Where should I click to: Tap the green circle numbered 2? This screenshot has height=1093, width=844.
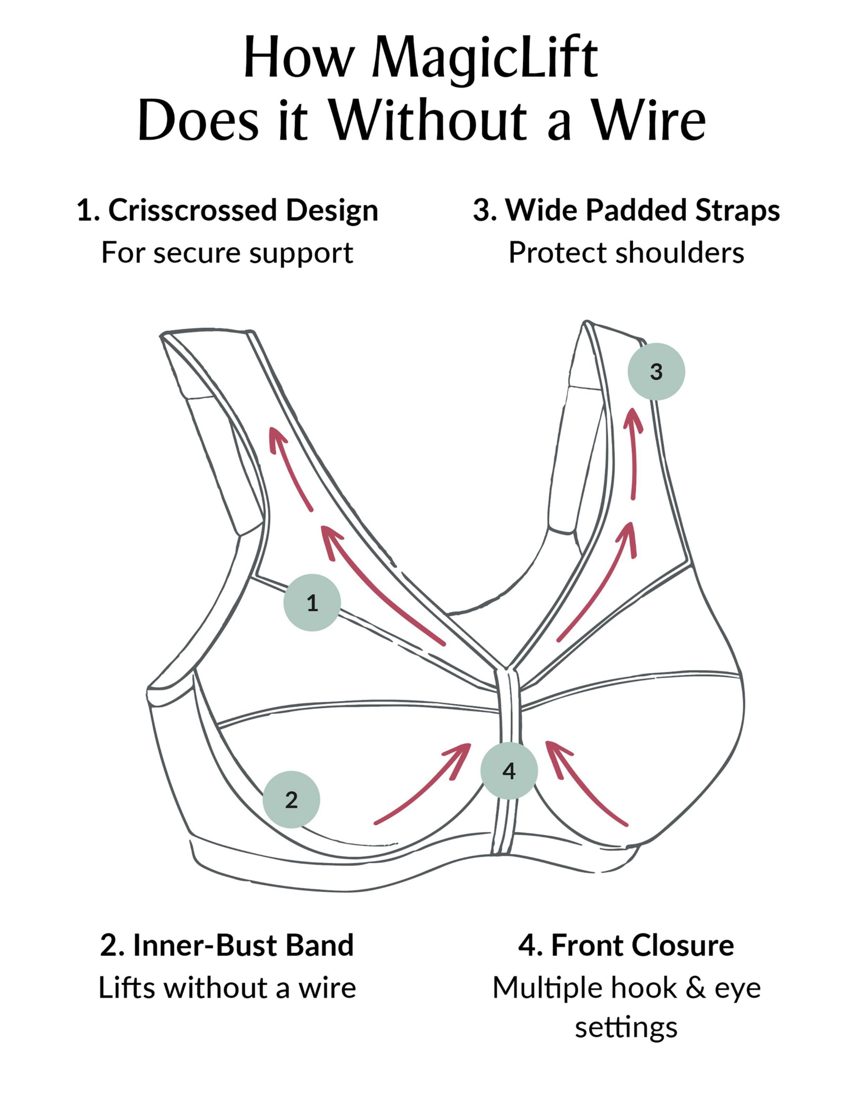pos(291,800)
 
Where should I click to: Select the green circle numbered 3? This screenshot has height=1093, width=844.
pos(656,371)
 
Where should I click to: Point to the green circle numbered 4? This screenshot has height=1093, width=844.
pos(509,771)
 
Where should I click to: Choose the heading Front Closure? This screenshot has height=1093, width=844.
pos(643,945)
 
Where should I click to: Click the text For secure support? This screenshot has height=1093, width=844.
pos(227,253)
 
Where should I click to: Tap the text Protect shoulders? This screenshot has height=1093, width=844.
pos(626,253)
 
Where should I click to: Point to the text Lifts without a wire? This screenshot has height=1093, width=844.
pos(227,988)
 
